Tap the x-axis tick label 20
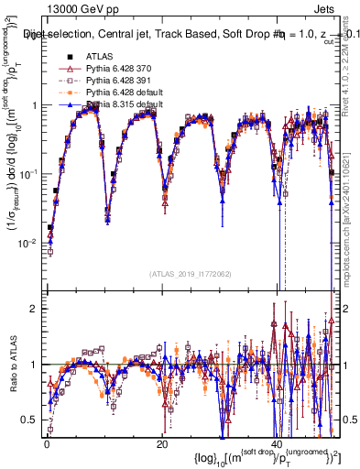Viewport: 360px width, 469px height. [x=161, y=443]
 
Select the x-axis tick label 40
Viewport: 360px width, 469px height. [x=276, y=443]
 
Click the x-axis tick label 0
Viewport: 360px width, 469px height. [x=47, y=443]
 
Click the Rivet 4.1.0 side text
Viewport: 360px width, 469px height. [x=351, y=64]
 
